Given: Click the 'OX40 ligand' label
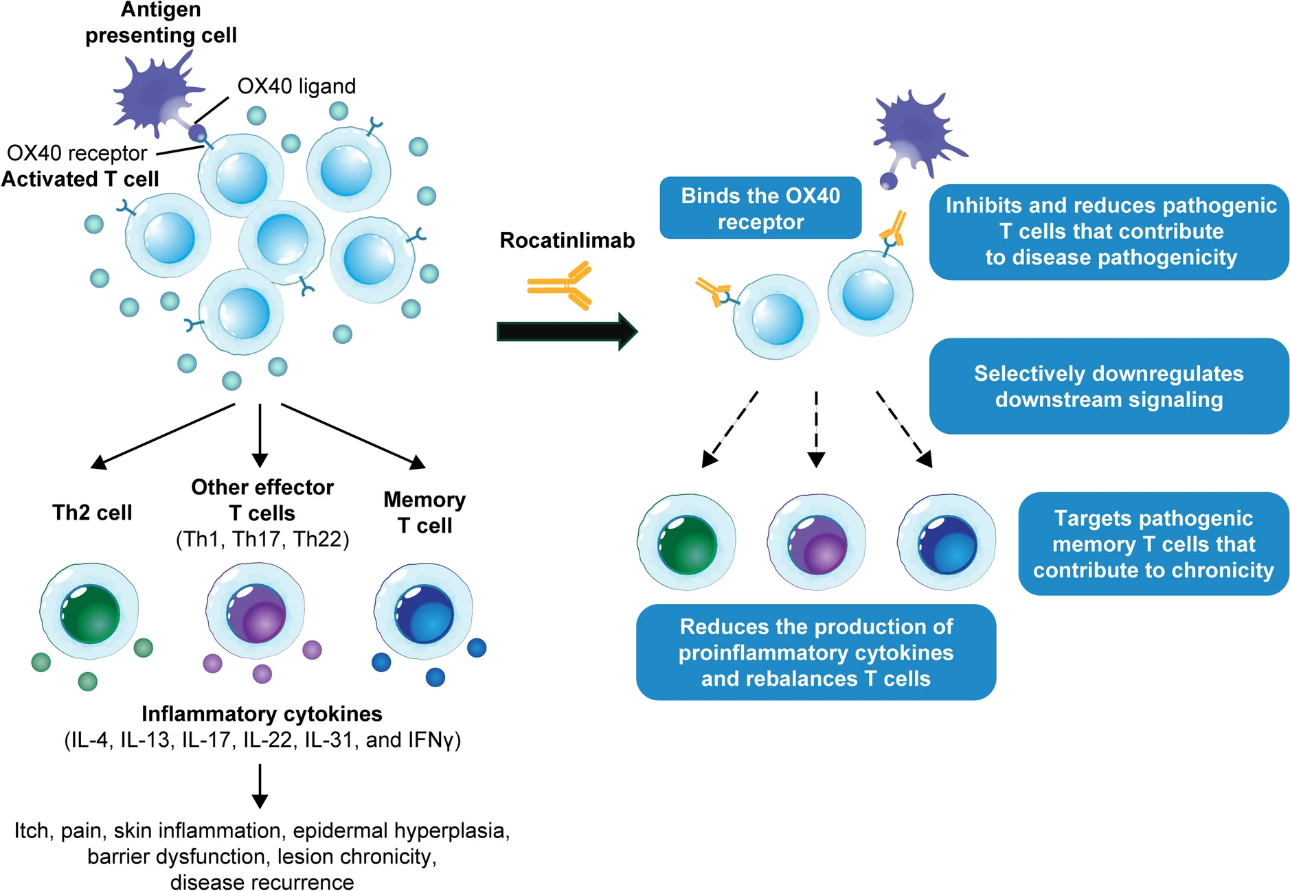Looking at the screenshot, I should (x=296, y=86).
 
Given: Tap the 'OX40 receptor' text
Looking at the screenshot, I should (x=77, y=153).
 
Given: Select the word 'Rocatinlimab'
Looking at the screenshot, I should (x=567, y=240).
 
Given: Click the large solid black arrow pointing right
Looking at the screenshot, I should (x=567, y=332).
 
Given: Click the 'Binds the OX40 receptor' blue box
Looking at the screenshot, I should (x=760, y=208).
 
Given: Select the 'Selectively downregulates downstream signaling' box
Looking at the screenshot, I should (x=1108, y=386).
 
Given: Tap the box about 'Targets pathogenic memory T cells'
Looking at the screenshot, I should (x=1153, y=544).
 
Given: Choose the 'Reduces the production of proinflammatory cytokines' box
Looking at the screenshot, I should (x=815, y=652).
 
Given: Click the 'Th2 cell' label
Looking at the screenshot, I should (x=92, y=513).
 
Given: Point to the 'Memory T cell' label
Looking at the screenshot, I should (x=425, y=512).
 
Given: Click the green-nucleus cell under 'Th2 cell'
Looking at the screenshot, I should (x=89, y=612).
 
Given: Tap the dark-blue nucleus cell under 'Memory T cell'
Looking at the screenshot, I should (x=424, y=612).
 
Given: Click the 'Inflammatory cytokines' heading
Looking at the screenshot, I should (x=262, y=714).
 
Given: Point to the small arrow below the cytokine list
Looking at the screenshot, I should (x=260, y=786).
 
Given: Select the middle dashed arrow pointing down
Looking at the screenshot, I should (x=816, y=429).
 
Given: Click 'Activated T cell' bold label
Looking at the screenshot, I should (x=80, y=179).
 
